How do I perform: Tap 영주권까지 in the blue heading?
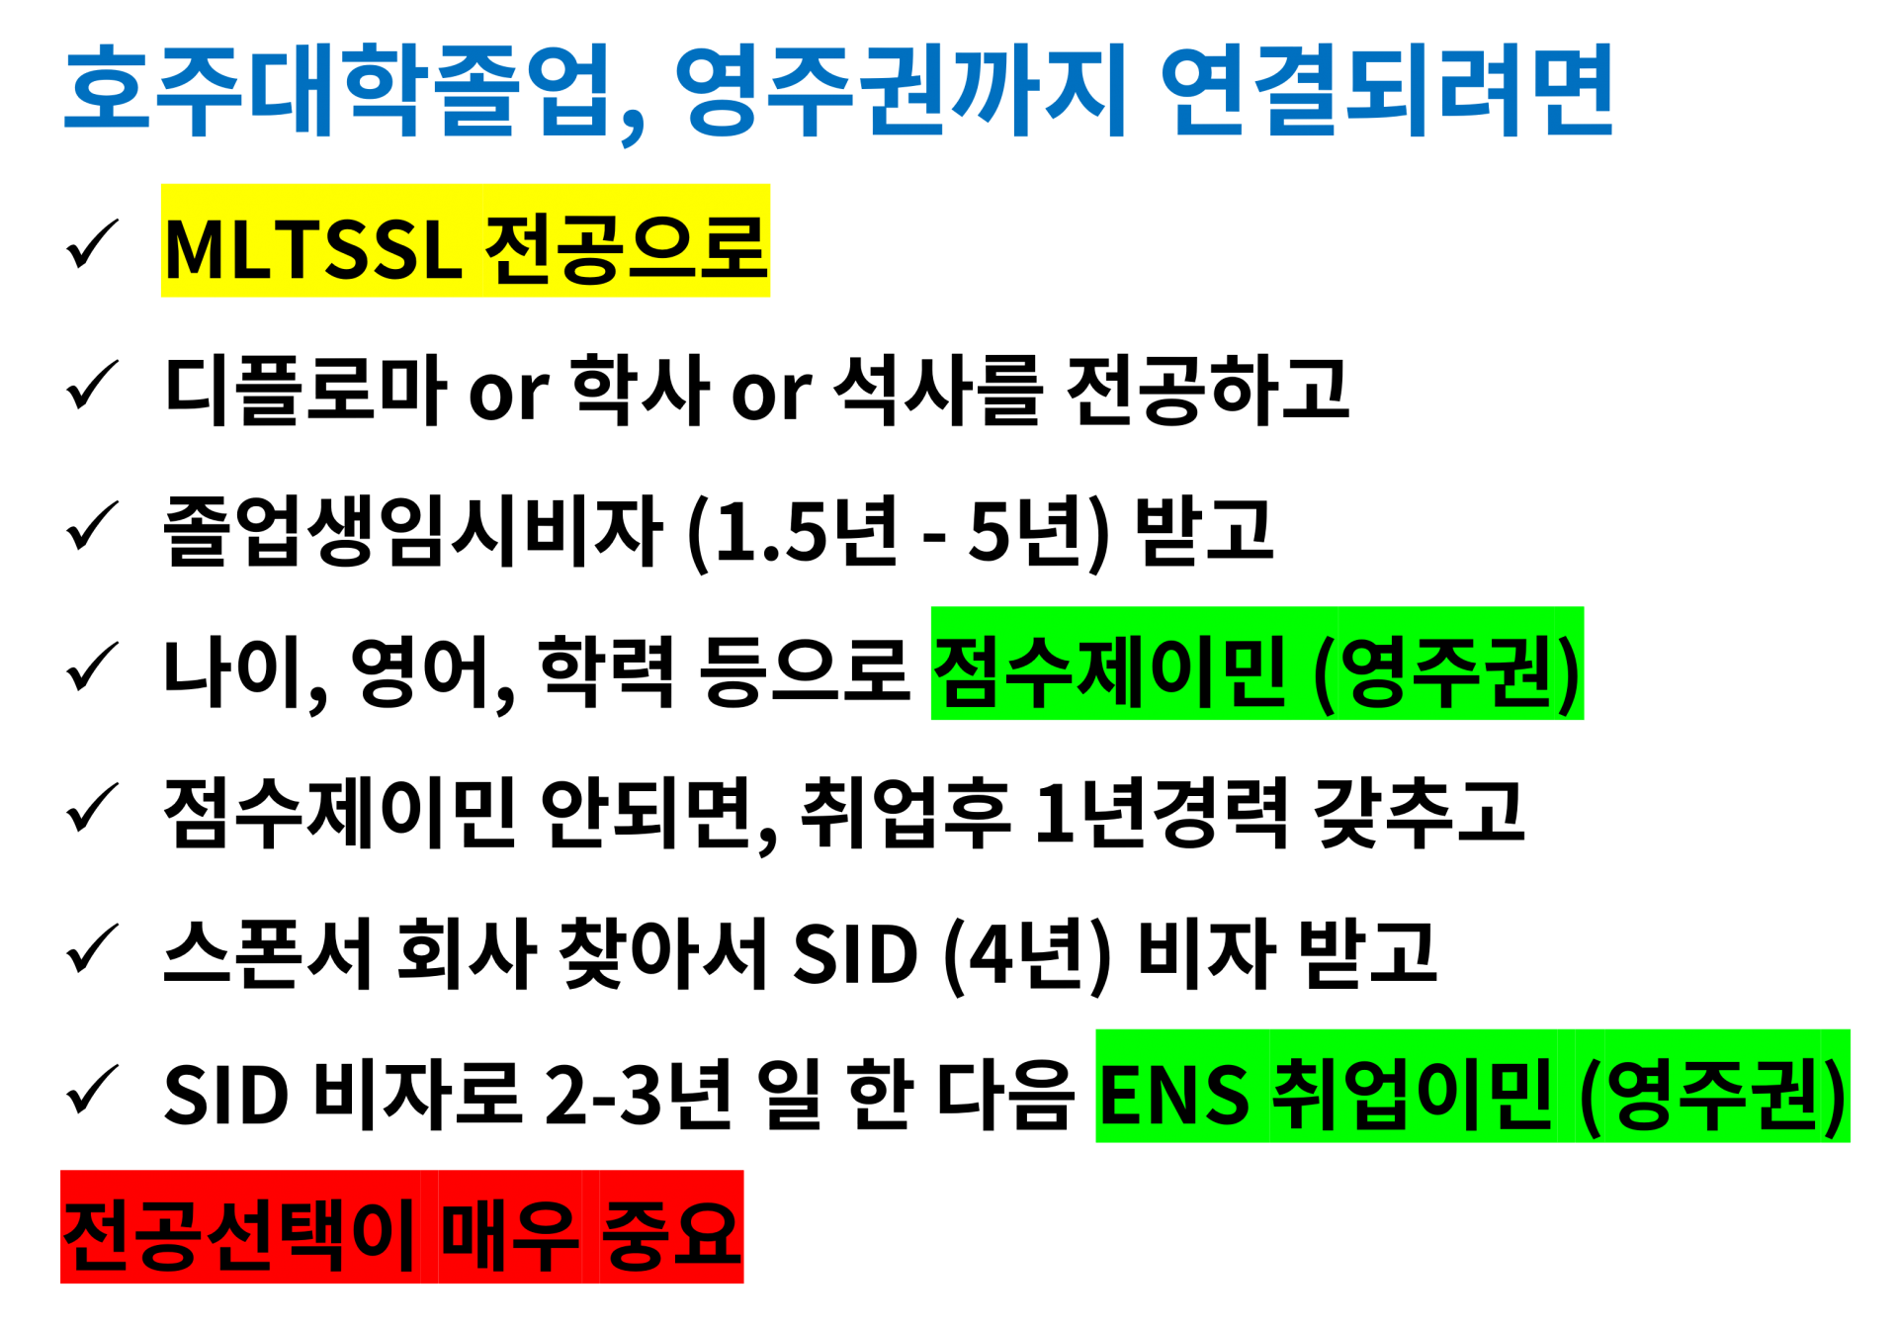tap(901, 91)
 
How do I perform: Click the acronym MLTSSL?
tap(312, 249)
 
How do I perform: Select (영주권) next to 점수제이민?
tap(1447, 672)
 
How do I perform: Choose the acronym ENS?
tap(1173, 1095)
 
